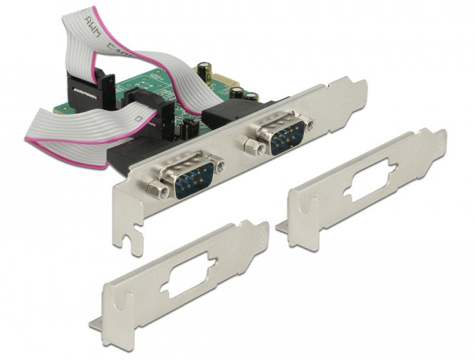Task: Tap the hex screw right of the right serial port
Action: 309,123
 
